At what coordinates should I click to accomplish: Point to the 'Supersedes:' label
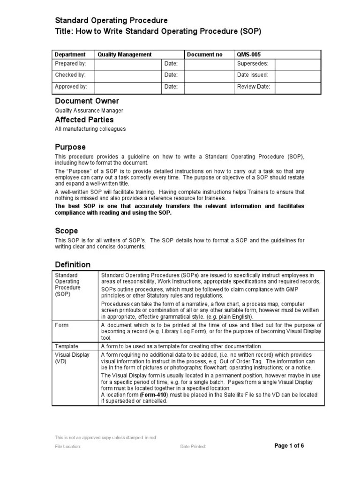(252, 63)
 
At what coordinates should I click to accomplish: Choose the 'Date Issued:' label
(253, 75)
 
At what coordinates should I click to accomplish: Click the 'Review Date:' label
(254, 87)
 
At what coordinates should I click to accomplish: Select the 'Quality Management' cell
(124, 55)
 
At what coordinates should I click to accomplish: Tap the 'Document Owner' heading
(87, 101)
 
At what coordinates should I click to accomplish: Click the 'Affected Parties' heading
(84, 120)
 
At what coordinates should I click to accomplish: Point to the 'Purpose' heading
(70, 147)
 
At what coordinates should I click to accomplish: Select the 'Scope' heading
(67, 231)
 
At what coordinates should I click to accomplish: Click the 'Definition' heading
(73, 264)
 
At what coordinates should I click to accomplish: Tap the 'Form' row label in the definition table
(61, 325)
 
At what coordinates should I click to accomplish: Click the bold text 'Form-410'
(148, 395)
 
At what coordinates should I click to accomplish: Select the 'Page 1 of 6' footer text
(289, 446)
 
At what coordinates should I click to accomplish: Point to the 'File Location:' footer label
(68, 447)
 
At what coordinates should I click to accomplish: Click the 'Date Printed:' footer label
(193, 447)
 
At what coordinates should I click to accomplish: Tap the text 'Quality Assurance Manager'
(89, 111)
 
